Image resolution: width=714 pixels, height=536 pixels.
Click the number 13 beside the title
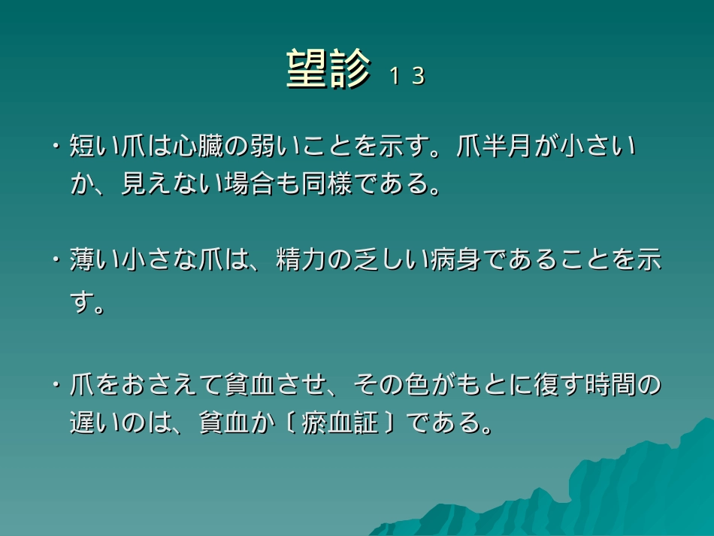[407, 76]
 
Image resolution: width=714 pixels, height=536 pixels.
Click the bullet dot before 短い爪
[56, 146]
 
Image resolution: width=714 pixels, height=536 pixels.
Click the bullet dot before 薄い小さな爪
[56, 261]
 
